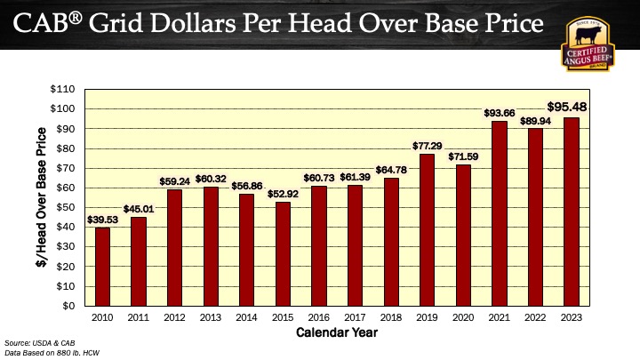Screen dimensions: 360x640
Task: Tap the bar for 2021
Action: pos(499,213)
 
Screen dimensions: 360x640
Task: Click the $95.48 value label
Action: pos(572,107)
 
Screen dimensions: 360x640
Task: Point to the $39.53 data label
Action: pos(102,219)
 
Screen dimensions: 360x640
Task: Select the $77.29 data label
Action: pos(427,144)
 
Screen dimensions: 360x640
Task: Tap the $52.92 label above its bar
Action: pos(282,193)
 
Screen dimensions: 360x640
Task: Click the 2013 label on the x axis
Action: pos(210,317)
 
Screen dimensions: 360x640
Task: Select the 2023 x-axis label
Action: pos(571,317)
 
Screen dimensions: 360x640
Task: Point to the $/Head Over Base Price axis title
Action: pos(41,197)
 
